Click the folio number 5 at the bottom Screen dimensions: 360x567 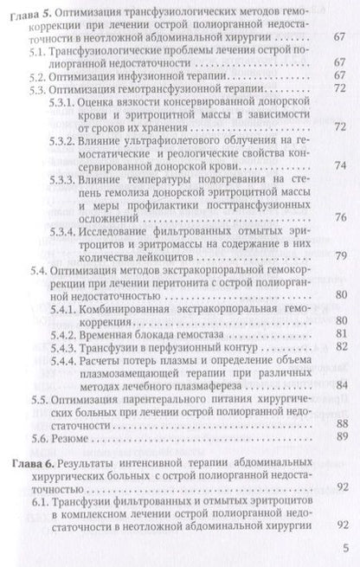344,548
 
